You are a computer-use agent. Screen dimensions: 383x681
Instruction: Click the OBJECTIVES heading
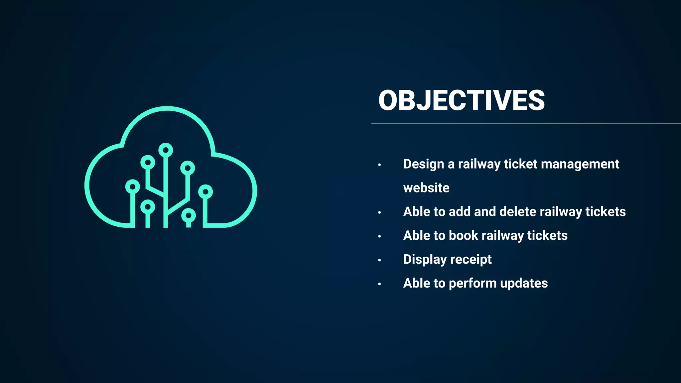click(x=461, y=100)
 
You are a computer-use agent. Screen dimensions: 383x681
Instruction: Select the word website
click(x=426, y=188)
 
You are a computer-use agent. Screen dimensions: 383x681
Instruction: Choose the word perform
click(x=473, y=284)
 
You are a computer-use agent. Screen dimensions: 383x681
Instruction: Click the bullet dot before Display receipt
click(x=379, y=260)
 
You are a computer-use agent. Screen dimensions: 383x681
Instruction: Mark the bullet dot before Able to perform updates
click(x=379, y=284)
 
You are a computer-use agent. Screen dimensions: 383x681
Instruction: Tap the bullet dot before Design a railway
click(x=379, y=165)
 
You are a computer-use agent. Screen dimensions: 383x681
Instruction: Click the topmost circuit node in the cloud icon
click(x=166, y=150)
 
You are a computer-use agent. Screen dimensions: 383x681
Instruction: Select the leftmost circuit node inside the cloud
click(x=132, y=187)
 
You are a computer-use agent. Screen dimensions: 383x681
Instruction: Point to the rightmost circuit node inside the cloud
click(x=205, y=192)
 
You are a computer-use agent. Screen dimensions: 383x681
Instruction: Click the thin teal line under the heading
click(x=525, y=124)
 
